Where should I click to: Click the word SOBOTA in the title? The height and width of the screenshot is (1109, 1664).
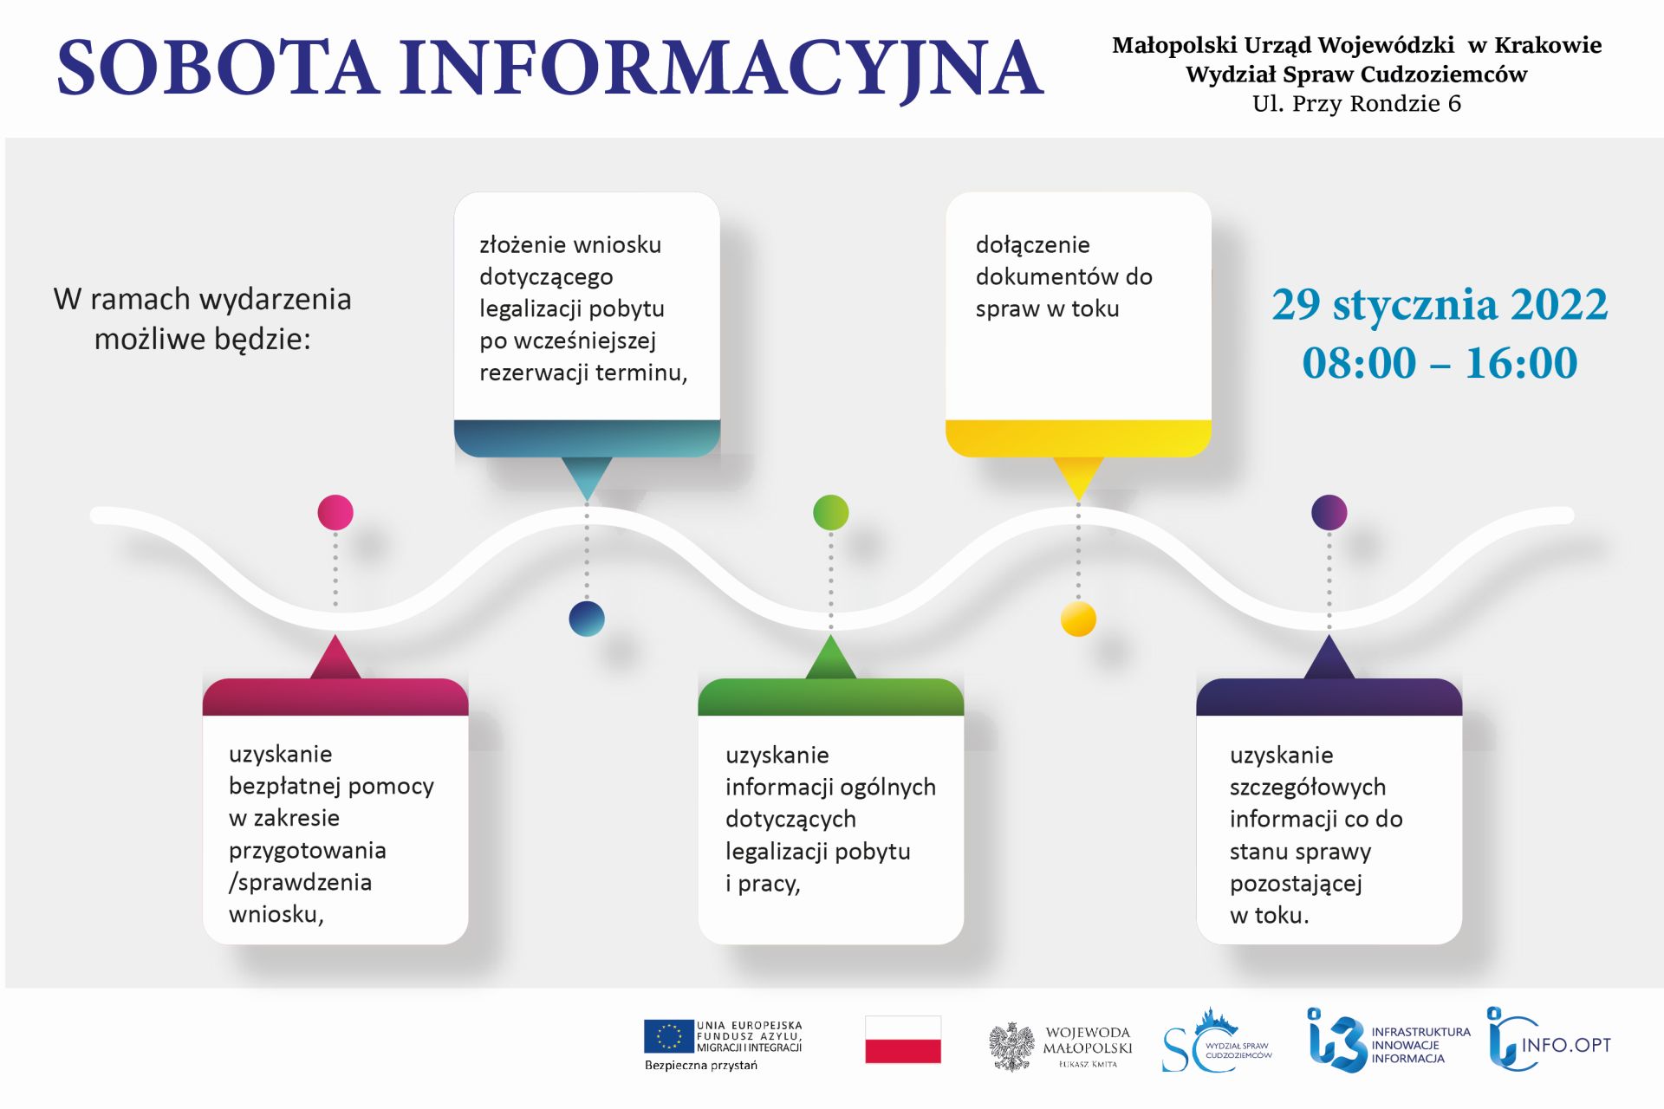point(218,67)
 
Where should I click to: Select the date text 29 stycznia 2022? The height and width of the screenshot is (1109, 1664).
point(1440,305)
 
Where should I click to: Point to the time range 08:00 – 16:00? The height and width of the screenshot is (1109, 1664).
point(1440,362)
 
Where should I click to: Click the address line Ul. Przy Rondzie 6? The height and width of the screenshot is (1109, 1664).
point(1356,103)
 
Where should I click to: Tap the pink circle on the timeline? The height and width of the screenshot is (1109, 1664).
point(335,512)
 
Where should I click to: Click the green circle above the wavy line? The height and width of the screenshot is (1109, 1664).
point(830,512)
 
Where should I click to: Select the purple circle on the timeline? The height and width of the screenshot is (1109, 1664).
point(1329,512)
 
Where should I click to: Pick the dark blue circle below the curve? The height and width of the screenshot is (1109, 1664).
point(587,619)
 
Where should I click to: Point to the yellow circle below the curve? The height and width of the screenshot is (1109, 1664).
point(1078,619)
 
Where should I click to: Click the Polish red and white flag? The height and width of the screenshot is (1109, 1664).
point(903,1040)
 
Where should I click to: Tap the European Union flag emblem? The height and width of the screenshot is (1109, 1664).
point(668,1036)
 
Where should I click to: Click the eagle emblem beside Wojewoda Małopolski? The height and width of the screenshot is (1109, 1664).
point(1012,1047)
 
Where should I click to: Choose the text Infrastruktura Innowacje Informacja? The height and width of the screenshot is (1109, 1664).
point(1420,1045)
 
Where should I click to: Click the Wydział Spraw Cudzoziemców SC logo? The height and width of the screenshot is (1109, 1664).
point(1217,1041)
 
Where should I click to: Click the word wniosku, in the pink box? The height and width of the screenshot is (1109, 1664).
point(276,914)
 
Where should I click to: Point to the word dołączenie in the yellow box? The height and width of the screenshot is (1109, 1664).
point(1032,245)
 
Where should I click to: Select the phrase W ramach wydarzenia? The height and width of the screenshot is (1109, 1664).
point(202,299)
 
